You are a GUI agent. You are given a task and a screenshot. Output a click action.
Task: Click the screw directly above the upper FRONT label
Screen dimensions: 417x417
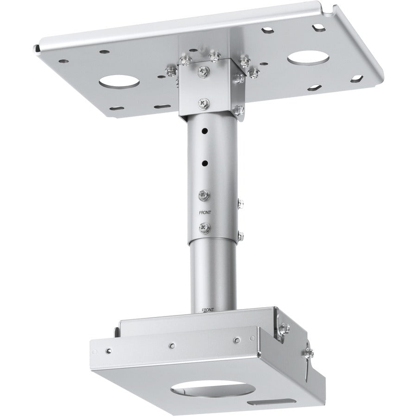coord(203,195)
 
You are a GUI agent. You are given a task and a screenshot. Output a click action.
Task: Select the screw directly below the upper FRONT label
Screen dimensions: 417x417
coord(203,228)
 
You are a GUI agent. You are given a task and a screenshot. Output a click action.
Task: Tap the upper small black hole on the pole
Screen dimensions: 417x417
coord(202,131)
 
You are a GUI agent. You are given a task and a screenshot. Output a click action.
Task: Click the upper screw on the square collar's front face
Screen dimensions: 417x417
coord(202,70)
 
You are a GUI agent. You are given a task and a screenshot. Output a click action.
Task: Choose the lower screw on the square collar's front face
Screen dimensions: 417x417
coord(203,102)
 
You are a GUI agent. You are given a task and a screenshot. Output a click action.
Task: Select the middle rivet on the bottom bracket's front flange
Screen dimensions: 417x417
coord(172,345)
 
